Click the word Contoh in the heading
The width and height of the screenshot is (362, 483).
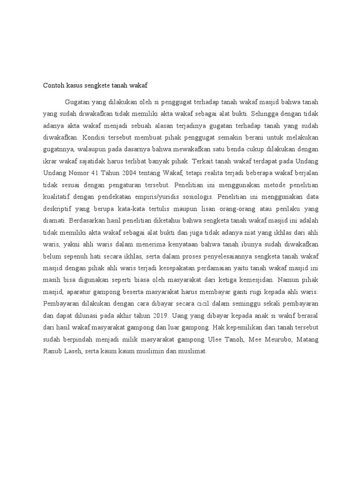54,85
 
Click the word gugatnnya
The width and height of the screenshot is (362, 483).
58,150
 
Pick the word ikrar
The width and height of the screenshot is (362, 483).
50,162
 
